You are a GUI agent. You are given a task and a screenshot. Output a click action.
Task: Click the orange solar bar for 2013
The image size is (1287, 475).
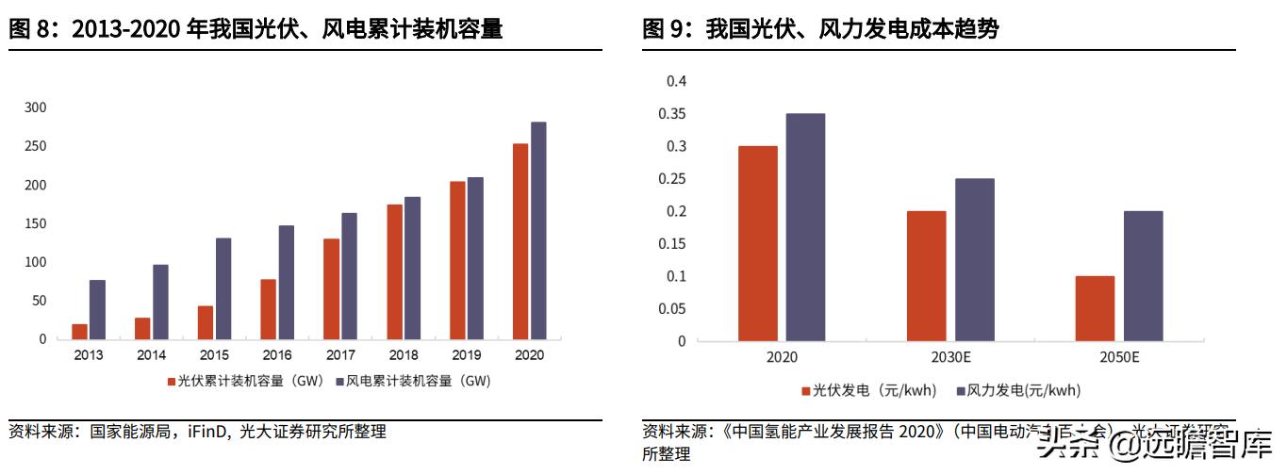(79, 332)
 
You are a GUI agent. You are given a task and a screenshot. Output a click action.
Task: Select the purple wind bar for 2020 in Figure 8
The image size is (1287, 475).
(538, 230)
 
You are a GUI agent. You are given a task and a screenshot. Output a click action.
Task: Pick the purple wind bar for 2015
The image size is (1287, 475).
(223, 288)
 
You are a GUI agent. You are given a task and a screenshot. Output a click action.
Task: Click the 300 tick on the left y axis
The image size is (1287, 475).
(35, 107)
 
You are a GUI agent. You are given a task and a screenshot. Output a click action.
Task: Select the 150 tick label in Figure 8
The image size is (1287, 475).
(35, 223)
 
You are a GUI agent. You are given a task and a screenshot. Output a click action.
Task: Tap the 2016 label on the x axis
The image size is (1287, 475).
(276, 356)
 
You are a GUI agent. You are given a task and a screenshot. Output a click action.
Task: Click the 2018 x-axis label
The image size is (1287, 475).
(403, 356)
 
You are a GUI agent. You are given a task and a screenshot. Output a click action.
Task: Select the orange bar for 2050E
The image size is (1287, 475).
(1095, 308)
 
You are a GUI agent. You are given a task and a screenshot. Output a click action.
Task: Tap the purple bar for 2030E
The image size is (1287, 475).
(974, 259)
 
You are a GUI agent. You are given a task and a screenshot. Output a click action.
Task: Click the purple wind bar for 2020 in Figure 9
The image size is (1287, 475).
(805, 227)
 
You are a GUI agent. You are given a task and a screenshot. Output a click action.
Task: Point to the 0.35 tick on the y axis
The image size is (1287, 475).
(676, 114)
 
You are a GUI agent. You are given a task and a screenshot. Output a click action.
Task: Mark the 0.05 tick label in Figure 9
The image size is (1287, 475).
(676, 309)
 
